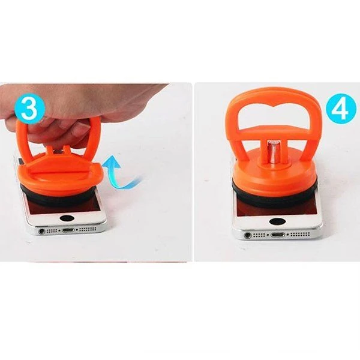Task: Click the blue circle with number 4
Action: point(340,109)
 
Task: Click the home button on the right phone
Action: point(278,221)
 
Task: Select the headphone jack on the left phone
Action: point(41,231)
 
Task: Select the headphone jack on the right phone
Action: point(247,235)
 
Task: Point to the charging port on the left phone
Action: point(68,230)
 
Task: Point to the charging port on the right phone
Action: point(278,235)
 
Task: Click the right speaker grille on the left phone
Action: point(88,229)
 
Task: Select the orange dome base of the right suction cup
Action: point(275,170)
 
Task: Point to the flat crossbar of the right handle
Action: point(274,132)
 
